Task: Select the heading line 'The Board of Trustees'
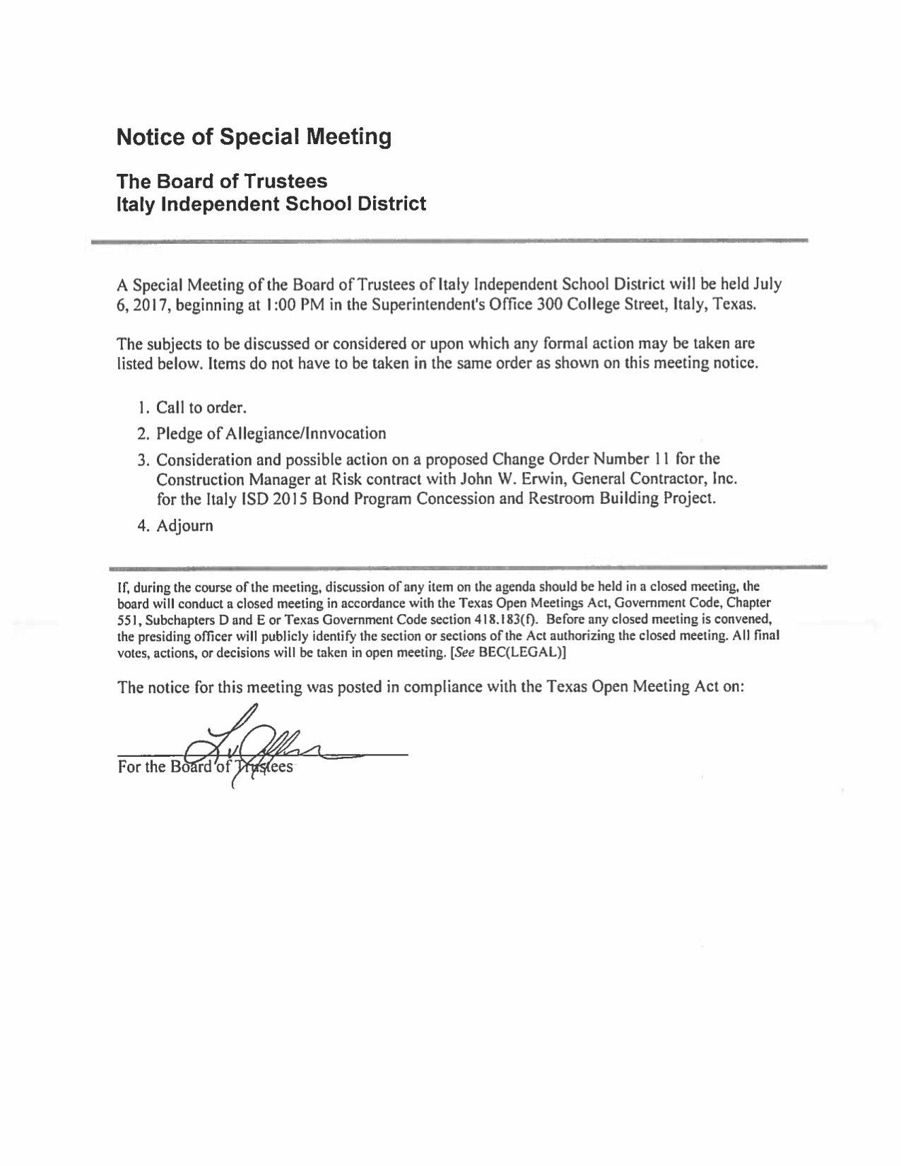click(x=222, y=181)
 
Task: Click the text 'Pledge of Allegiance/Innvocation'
click(x=271, y=433)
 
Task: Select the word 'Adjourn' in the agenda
click(x=184, y=526)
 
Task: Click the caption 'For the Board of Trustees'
click(x=205, y=767)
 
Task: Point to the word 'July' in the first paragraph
click(x=767, y=285)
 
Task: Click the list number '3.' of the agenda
click(x=144, y=460)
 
